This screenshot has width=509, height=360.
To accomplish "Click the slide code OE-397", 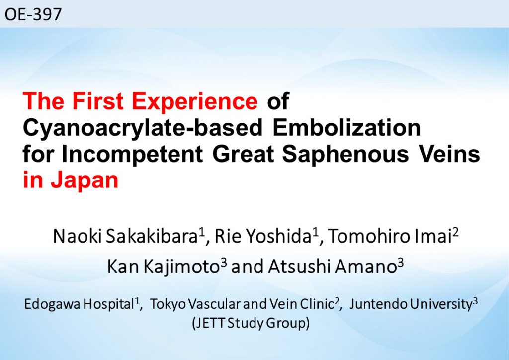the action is [33, 14].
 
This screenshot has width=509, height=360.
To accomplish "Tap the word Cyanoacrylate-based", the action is [143, 128].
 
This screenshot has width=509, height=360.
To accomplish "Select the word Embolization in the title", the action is [346, 128].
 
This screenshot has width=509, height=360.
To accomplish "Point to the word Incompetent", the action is [132, 155].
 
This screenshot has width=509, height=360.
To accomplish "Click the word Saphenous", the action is [345, 155].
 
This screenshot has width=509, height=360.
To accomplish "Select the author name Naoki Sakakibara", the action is [125, 236].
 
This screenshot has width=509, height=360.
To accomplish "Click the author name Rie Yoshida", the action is [263, 236].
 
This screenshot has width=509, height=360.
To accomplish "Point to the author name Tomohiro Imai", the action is [388, 236].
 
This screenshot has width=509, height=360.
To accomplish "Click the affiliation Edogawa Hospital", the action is [79, 304].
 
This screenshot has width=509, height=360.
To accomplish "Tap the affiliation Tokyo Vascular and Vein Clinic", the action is [242, 304].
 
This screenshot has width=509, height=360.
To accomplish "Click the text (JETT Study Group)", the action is [251, 323].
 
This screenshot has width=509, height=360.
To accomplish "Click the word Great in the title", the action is [243, 155].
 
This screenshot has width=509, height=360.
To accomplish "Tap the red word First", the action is [98, 101].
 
